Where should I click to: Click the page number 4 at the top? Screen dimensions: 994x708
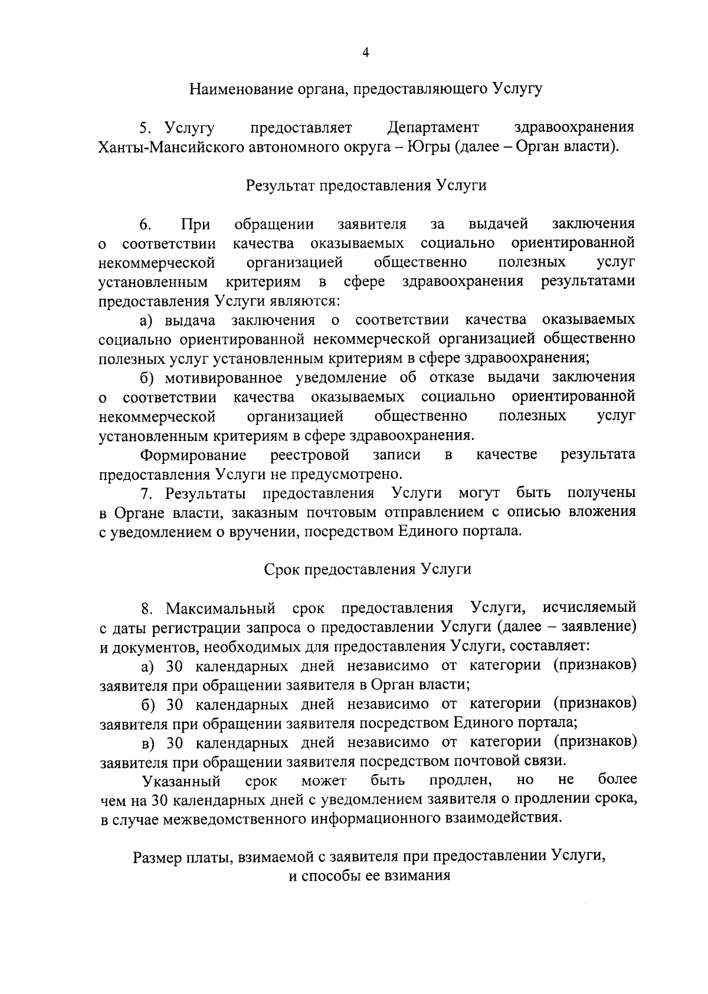point(365,52)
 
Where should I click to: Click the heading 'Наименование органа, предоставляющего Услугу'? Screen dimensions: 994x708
point(365,90)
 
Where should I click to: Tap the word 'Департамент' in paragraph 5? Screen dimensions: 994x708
point(433,127)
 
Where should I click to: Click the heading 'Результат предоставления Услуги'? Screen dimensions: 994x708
point(366,185)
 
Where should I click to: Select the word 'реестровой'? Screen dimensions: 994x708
point(310,455)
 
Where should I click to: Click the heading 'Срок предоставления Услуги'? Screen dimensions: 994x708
point(366,570)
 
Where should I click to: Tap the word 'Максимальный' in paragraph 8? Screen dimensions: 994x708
point(221,608)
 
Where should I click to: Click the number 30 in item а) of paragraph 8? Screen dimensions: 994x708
point(175,666)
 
